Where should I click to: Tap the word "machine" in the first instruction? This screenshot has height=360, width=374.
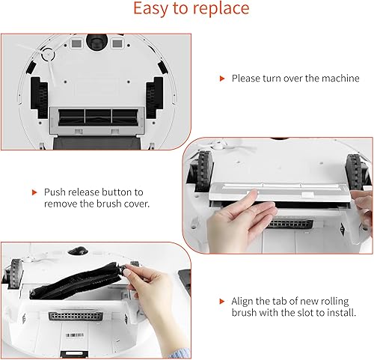[340, 79]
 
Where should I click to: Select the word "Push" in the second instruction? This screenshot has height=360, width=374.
[55, 192]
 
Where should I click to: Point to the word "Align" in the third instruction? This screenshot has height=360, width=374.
[242, 302]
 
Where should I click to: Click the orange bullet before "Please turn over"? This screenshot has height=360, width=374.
[222, 79]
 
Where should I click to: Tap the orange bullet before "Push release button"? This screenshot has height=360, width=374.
[34, 192]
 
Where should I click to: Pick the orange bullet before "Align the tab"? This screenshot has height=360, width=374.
[221, 302]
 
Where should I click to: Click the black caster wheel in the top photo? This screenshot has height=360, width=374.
[97, 41]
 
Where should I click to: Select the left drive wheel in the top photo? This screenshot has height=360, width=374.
[39, 97]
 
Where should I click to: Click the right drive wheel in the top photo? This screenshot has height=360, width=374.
[154, 97]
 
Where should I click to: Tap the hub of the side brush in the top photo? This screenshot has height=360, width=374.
[48, 55]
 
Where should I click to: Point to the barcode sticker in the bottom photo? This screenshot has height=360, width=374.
[75, 335]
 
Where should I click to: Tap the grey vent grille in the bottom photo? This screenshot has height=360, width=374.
[76, 316]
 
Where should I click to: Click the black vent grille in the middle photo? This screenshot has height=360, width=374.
[289, 224]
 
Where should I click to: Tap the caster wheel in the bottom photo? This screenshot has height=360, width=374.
[78, 251]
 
